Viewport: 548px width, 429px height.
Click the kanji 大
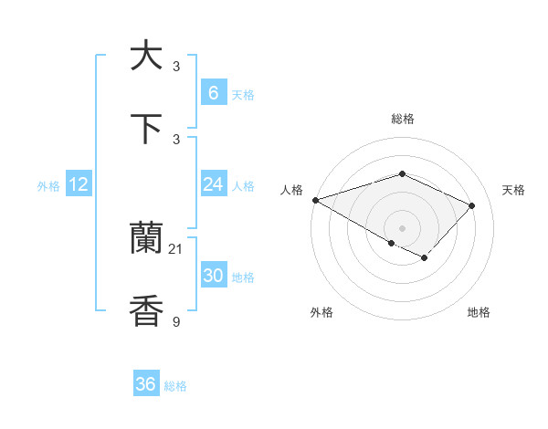(146, 57)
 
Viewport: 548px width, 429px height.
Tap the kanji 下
(146, 129)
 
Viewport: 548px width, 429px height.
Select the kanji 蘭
(146, 239)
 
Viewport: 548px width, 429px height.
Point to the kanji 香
(146, 311)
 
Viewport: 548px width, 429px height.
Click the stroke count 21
(176, 249)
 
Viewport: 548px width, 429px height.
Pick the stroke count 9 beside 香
(176, 321)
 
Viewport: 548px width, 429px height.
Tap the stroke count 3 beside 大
(176, 67)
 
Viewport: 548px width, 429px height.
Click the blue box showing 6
(213, 92)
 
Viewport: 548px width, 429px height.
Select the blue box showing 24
(213, 184)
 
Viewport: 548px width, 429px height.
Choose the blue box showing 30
(213, 276)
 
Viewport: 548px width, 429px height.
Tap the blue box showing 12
(79, 184)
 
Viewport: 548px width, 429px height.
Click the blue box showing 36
(145, 384)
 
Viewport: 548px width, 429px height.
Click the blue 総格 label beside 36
(175, 386)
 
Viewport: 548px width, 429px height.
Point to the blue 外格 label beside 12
(48, 186)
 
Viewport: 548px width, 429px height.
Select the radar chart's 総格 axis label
(402, 119)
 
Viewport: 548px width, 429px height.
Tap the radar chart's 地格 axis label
(479, 312)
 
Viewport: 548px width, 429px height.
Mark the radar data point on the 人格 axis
(314, 200)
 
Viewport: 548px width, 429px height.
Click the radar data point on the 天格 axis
(471, 205)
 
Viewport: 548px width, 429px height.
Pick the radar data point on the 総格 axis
(402, 173)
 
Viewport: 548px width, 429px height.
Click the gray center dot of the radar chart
(402, 227)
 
